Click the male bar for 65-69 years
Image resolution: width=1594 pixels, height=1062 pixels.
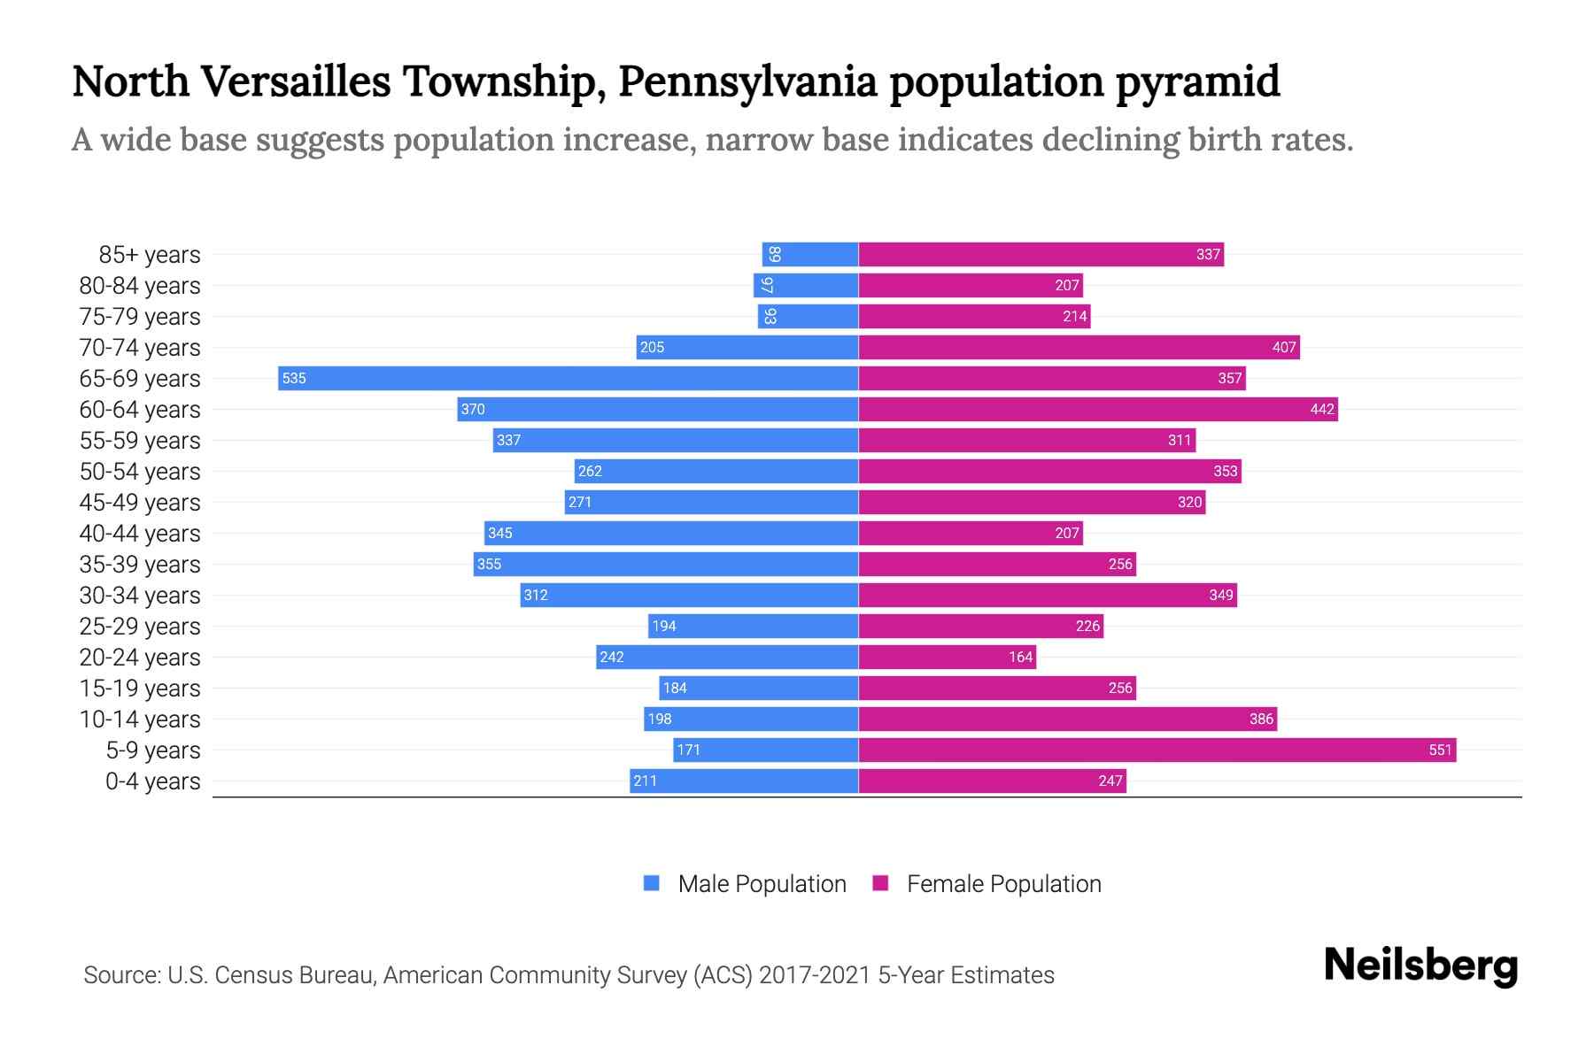(x=568, y=378)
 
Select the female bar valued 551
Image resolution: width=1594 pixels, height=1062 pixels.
(x=1157, y=750)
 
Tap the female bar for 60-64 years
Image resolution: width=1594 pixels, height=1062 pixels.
(x=1098, y=409)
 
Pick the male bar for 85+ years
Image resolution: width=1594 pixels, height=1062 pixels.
(x=809, y=254)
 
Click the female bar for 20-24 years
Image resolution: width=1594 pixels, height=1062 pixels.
(x=947, y=657)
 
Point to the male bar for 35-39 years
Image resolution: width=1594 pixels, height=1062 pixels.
(x=665, y=564)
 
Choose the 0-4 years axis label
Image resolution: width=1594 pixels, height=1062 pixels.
(x=152, y=781)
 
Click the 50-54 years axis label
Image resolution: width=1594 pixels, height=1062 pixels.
(x=140, y=472)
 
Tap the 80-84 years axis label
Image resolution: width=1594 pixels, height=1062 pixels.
(x=140, y=286)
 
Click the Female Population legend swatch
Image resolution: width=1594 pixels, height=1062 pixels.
(x=880, y=883)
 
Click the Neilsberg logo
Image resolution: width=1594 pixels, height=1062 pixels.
(x=1420, y=966)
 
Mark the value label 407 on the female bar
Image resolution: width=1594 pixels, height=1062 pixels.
(x=1283, y=347)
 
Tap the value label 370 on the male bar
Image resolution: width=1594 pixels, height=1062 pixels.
(x=473, y=409)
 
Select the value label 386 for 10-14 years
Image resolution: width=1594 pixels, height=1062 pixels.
(x=1261, y=719)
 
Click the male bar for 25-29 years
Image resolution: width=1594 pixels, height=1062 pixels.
(x=753, y=626)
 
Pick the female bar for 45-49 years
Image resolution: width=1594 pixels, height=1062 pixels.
(x=1032, y=502)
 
